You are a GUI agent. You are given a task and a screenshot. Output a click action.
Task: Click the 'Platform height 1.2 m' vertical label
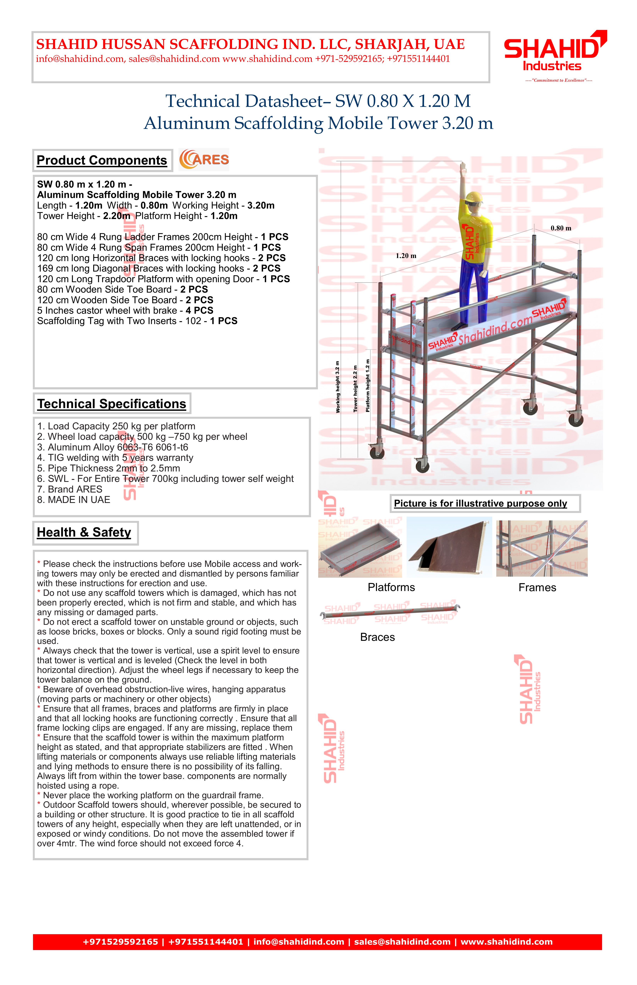click(368, 386)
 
